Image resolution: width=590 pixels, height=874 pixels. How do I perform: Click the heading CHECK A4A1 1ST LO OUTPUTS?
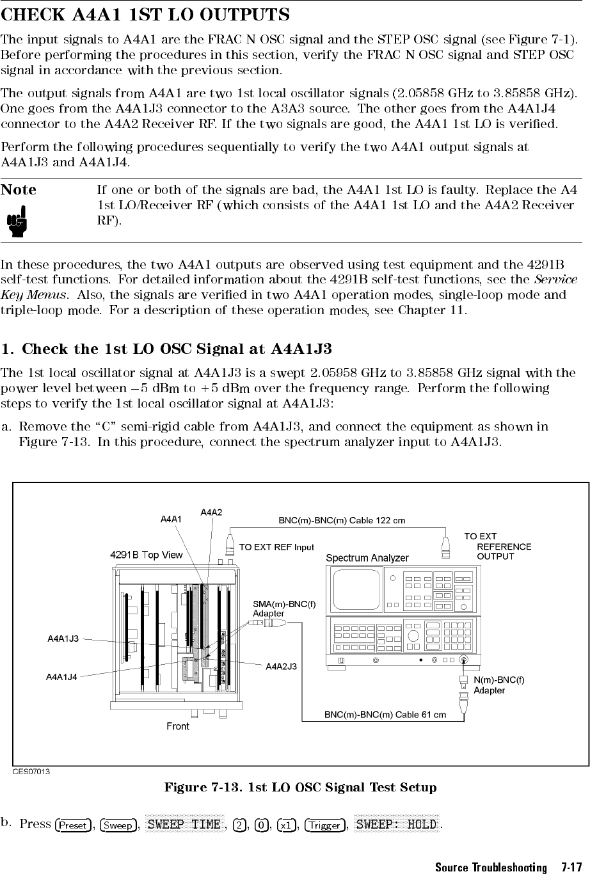point(145,15)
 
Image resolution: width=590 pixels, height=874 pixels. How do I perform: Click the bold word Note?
point(19,190)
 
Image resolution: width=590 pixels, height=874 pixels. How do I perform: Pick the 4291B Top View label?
point(147,555)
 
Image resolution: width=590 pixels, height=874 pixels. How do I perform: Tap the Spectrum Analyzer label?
point(367,558)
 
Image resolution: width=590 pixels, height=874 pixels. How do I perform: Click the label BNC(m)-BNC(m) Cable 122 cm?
point(341,521)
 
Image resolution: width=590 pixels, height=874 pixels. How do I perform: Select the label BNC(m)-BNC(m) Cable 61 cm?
point(385,714)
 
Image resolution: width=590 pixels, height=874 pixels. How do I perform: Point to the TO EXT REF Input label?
point(276,547)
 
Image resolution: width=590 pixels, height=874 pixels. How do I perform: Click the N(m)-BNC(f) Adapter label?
point(498,685)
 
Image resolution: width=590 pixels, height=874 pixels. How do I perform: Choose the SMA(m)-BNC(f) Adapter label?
point(284,608)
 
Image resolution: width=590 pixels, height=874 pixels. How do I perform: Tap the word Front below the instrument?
point(178,726)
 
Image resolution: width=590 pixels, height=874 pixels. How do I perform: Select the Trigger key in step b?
point(325,825)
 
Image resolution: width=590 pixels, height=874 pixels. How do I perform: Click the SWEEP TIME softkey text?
point(184,825)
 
